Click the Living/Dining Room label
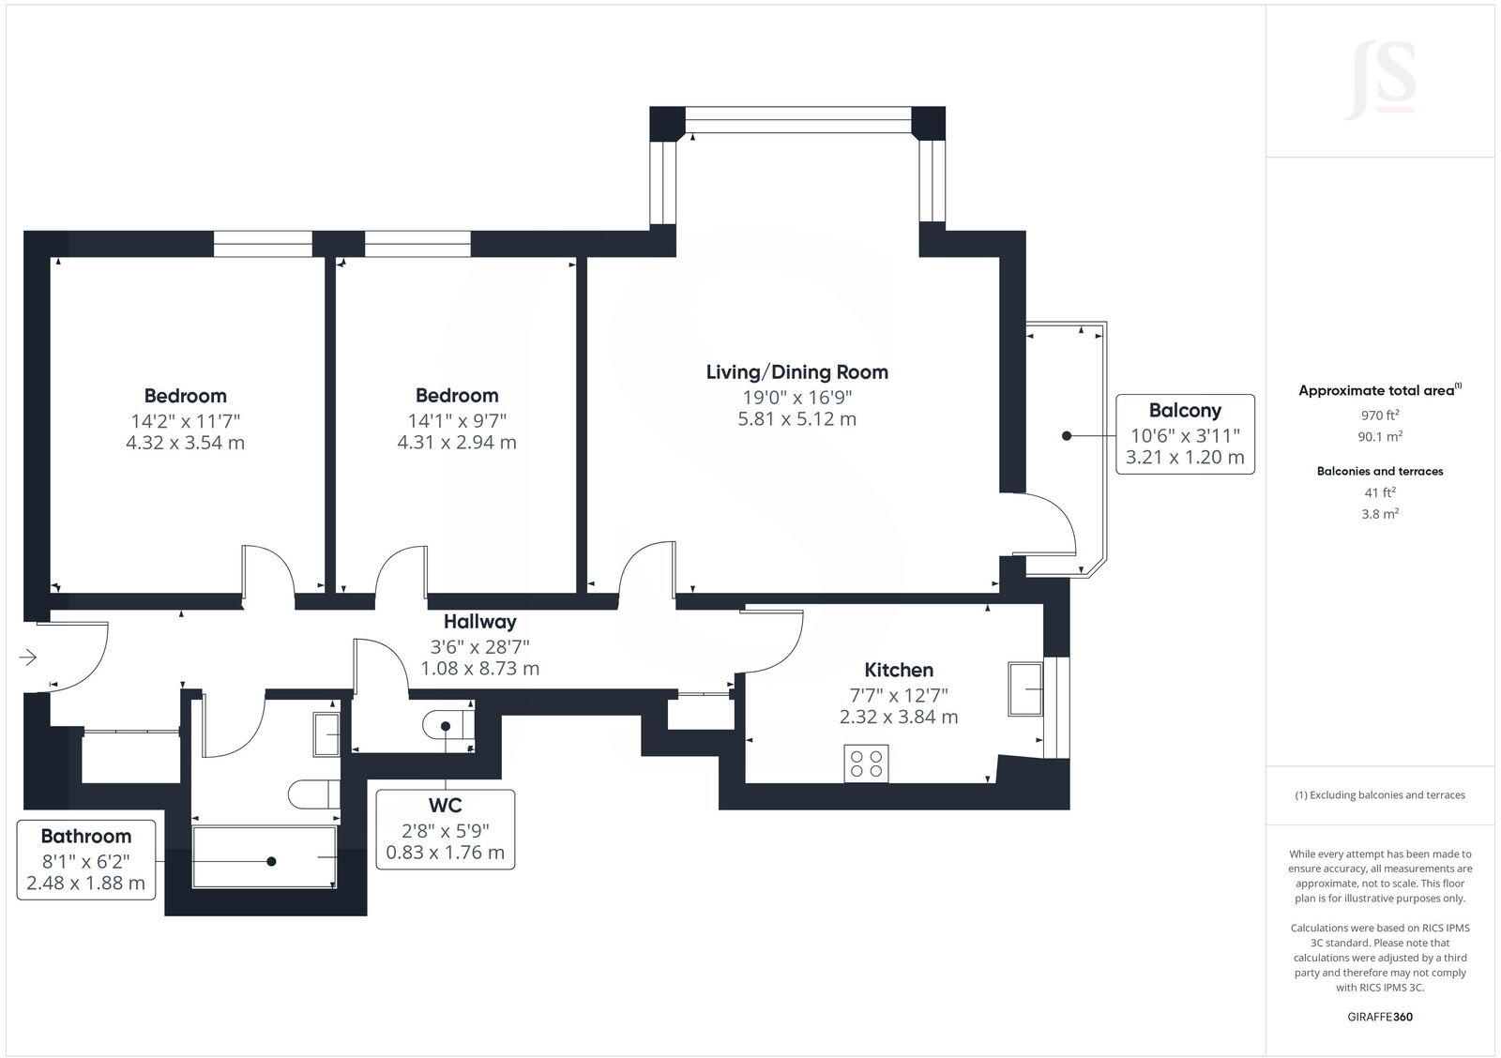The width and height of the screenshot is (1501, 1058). (x=796, y=372)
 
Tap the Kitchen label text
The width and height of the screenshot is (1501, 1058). (x=898, y=670)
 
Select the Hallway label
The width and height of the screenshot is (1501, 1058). (x=479, y=621)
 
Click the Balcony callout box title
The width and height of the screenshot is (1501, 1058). (x=1185, y=410)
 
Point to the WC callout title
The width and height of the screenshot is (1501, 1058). (x=445, y=805)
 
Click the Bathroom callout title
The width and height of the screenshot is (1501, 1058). (x=85, y=836)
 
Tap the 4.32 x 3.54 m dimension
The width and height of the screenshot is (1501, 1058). (x=185, y=443)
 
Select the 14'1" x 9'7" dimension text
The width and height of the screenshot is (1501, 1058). (x=457, y=419)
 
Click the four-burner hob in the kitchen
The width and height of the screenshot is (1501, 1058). (x=866, y=763)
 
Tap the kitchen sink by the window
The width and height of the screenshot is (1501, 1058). (x=1025, y=688)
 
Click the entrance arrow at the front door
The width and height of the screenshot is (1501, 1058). (x=27, y=657)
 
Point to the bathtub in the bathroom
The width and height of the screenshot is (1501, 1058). (x=264, y=856)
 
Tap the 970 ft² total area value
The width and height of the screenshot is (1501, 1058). (x=1380, y=415)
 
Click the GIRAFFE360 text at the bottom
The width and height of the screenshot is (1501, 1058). (x=1380, y=1017)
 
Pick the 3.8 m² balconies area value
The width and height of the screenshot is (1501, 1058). (x=1380, y=514)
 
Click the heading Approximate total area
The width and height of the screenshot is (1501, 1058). (x=1376, y=391)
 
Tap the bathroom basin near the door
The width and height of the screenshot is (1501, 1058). (x=326, y=733)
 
